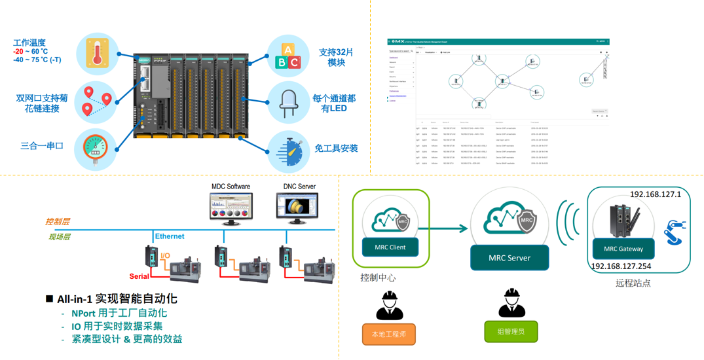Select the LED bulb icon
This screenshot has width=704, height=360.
[287, 103]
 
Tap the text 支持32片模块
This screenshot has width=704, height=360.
[337, 57]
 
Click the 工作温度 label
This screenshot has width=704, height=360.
[29, 42]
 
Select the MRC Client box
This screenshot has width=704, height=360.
[390, 247]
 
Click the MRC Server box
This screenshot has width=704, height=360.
[509, 258]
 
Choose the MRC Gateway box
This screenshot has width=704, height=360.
[623, 249]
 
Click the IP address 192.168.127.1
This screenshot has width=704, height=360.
[656, 194]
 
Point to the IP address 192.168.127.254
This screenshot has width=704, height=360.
[621, 266]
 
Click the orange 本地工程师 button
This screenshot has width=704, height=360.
[389, 334]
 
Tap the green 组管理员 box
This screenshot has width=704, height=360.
[511, 331]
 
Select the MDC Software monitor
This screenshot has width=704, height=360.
[231, 209]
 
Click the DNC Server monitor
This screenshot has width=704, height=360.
[299, 208]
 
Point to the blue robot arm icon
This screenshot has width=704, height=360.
[674, 233]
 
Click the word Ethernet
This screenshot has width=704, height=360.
[169, 236]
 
